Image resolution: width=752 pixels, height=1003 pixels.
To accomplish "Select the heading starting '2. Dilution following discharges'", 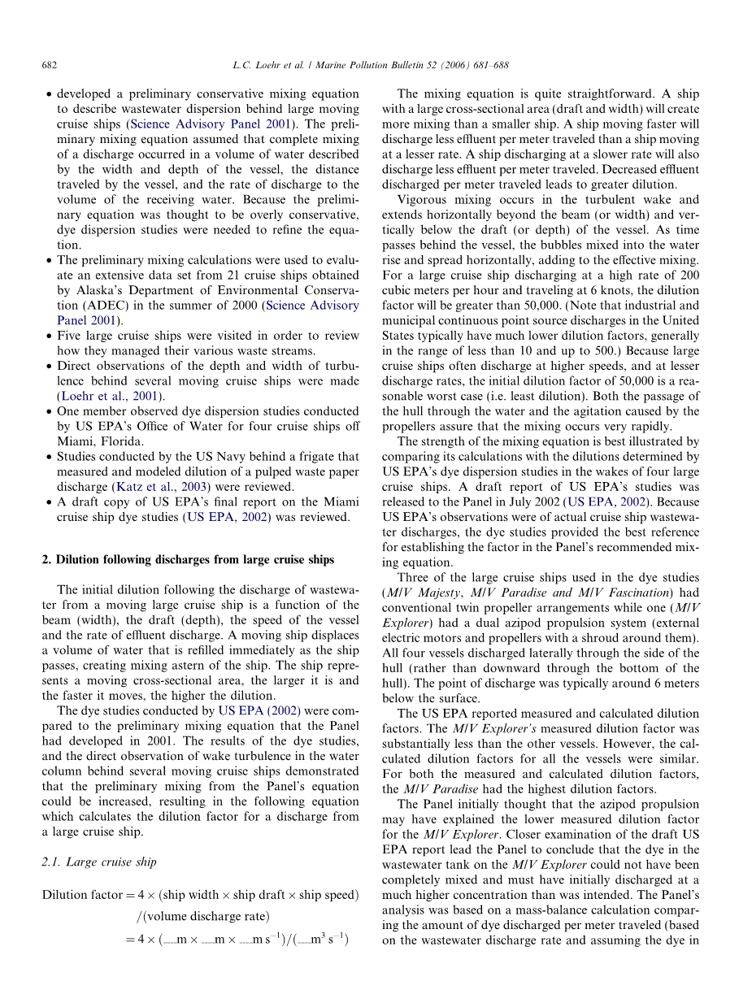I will coord(187,559).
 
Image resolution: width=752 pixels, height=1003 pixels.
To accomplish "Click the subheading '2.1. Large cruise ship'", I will coord(99,862).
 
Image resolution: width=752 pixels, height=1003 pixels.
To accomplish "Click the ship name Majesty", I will coord(440,593).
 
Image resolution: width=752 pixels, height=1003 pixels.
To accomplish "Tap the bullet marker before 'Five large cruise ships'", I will coord(49,336).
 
